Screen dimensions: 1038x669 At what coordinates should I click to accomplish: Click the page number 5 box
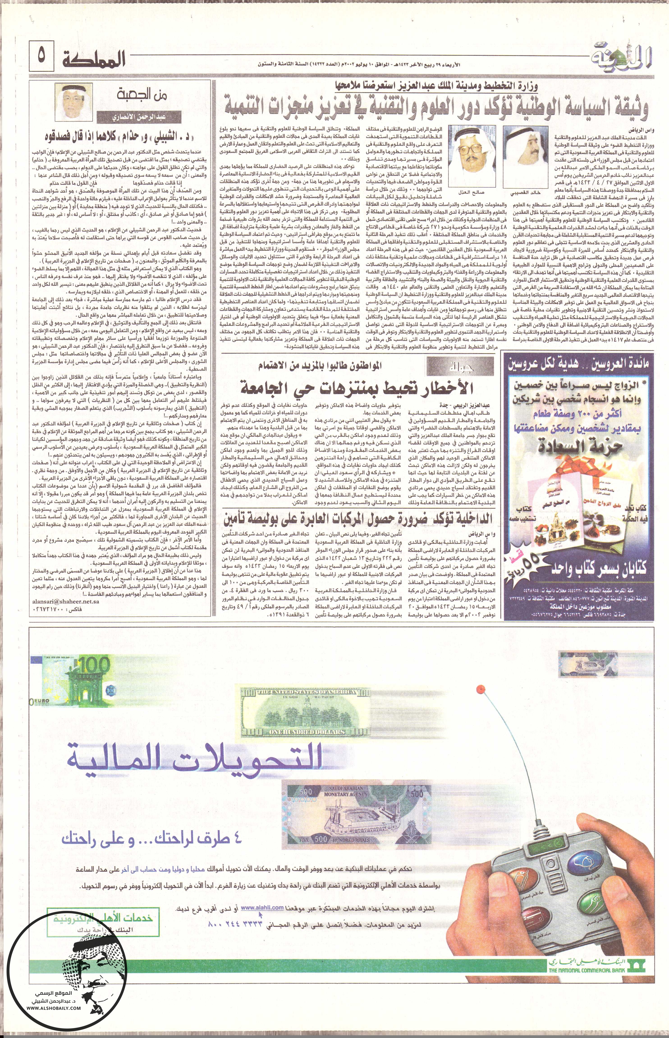41,57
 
